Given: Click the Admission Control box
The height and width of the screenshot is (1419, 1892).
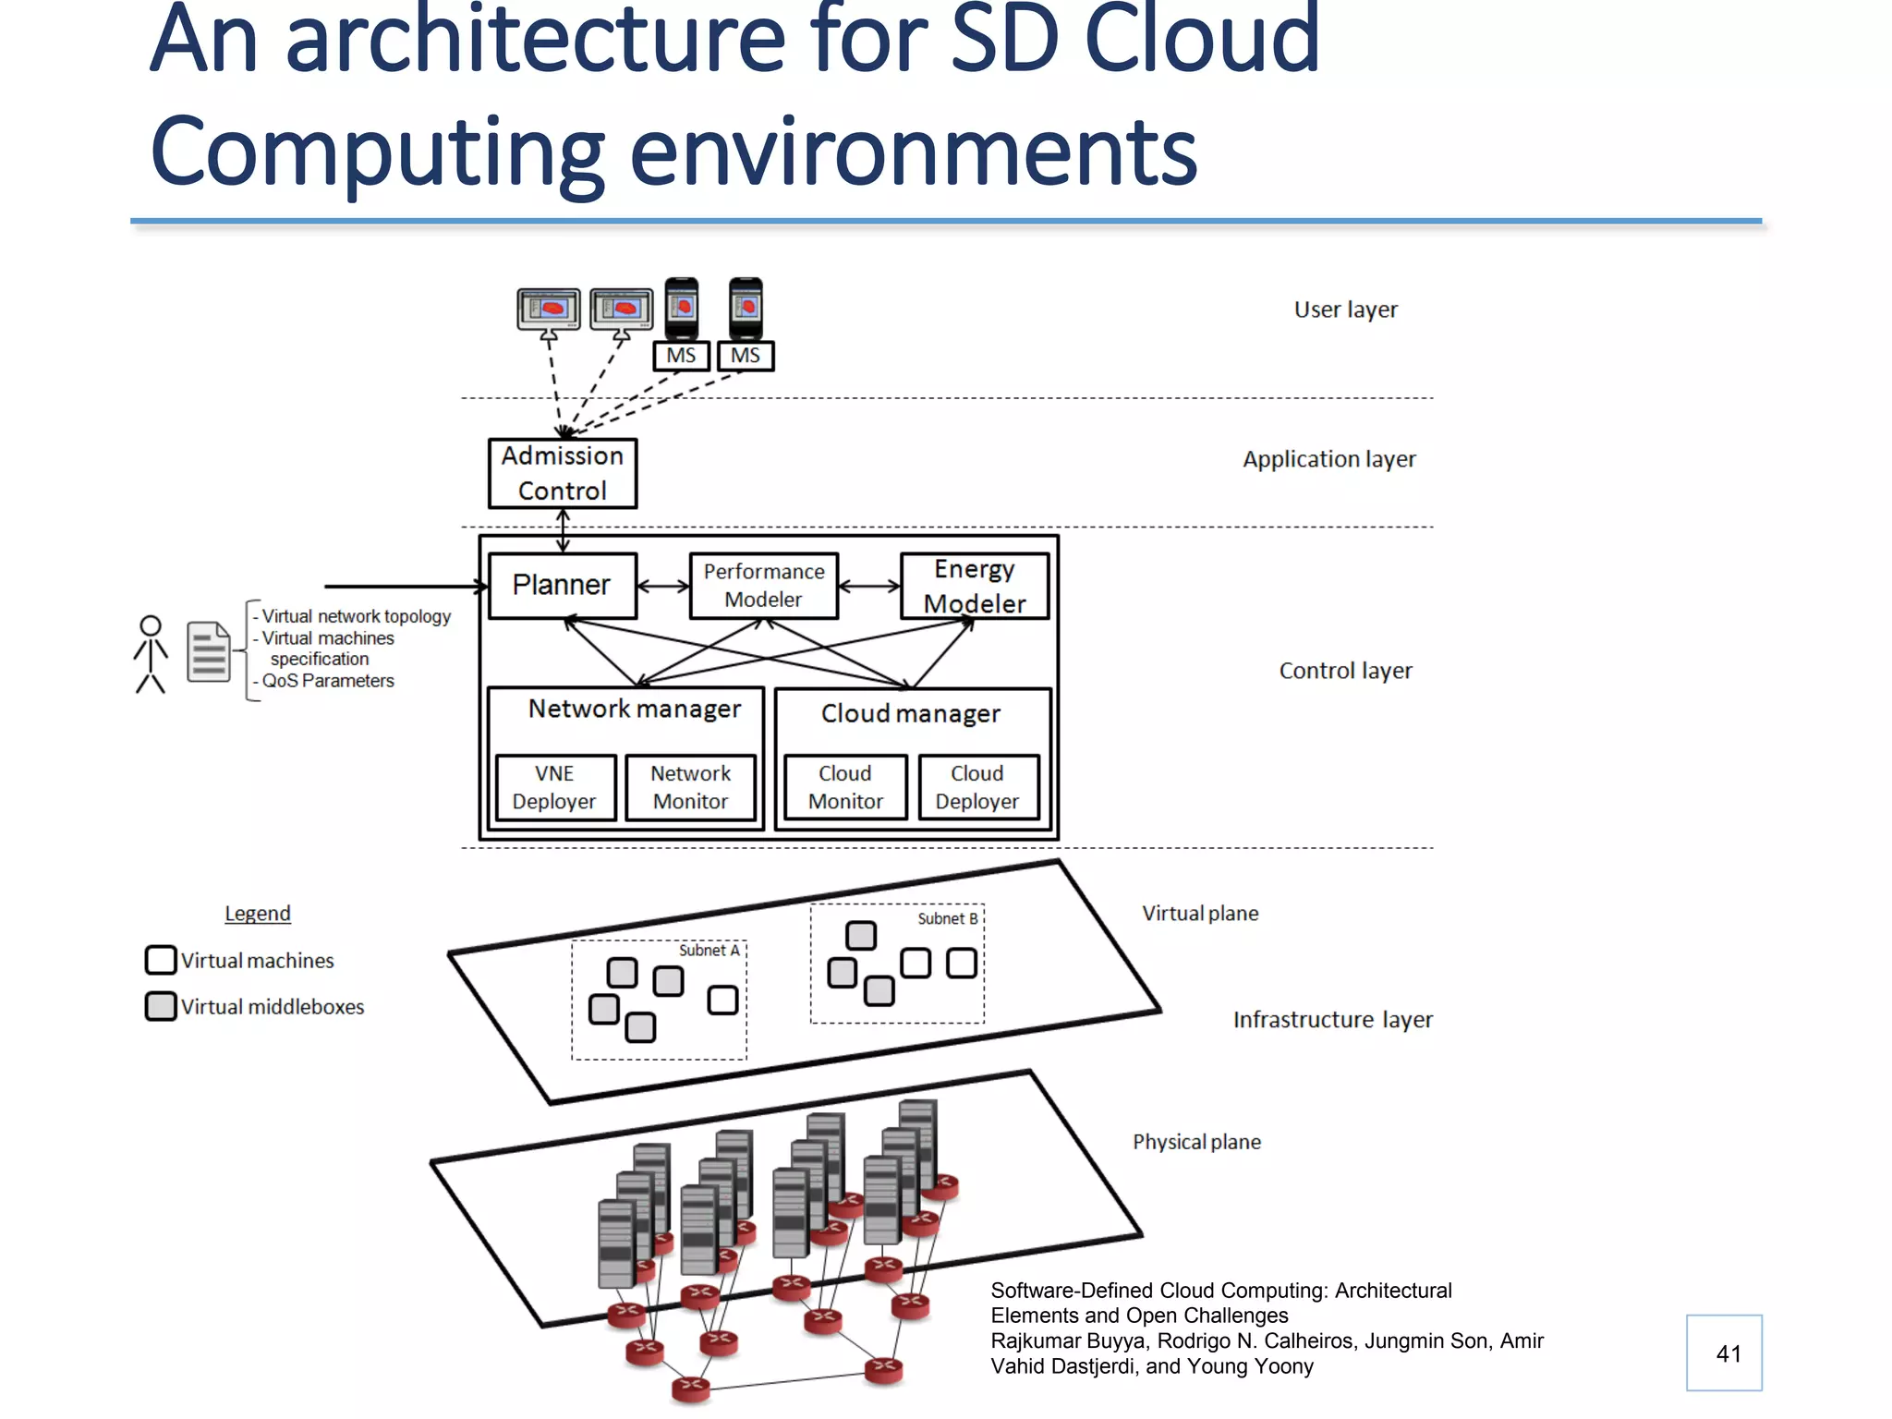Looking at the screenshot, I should point(562,473).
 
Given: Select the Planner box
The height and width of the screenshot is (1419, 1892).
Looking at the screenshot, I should point(562,585).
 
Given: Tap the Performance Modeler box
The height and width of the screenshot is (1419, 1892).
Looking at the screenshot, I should point(763,585).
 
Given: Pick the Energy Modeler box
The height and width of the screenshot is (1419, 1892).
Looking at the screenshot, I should point(974,585).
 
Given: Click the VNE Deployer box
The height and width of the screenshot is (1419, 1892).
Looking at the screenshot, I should point(554,787).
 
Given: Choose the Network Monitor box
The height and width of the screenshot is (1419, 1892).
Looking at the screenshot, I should point(690,787).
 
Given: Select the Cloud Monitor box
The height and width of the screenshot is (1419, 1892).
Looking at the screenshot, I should point(845,787).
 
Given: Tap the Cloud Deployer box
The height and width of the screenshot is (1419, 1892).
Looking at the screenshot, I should point(977,787).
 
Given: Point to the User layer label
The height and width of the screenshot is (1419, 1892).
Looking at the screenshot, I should point(1345,309).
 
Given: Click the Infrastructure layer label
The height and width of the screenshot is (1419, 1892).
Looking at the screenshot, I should point(1332,1019).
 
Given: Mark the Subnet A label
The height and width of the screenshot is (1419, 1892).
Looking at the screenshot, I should point(709,950).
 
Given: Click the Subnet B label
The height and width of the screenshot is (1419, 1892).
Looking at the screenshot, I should point(947,918).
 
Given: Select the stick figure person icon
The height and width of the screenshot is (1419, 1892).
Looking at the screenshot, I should point(151,654).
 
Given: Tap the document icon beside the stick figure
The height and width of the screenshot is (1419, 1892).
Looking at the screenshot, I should point(209,651).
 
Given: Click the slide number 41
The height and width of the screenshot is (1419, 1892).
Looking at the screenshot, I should point(1728,1353).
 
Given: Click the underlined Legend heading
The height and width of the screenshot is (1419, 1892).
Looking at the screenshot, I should point(258,913).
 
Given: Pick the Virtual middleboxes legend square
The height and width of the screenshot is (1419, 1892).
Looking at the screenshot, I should point(161,1006).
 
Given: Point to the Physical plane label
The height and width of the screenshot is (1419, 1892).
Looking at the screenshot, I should point(1196,1142).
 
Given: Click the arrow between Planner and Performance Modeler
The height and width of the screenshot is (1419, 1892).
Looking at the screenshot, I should point(663,586).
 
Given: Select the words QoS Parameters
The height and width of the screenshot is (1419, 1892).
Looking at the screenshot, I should point(328,681).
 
